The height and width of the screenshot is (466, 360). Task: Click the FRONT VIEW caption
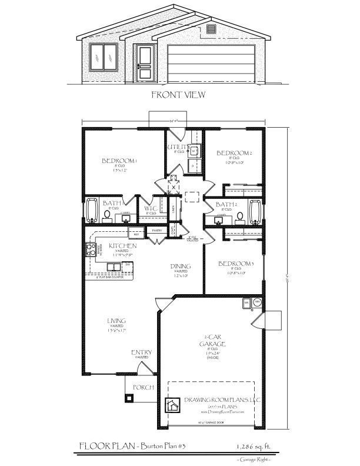178,94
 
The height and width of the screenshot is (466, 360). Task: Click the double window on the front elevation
104,56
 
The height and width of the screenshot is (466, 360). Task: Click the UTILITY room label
177,147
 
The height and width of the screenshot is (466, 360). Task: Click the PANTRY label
156,231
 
